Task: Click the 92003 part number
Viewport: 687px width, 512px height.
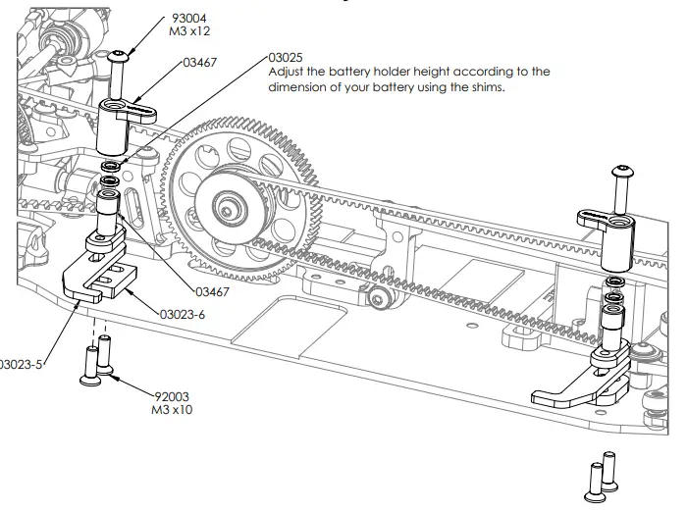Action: (171, 396)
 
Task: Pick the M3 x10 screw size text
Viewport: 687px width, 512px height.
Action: (172, 409)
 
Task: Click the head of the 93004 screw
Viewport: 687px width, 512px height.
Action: (121, 56)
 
